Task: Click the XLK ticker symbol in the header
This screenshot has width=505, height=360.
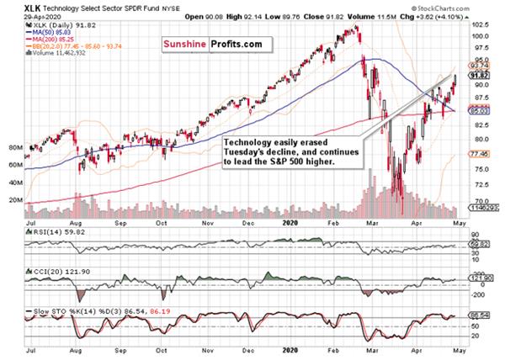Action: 13,7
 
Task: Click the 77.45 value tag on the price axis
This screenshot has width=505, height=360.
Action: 478,154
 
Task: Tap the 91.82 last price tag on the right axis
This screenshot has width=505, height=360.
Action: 478,79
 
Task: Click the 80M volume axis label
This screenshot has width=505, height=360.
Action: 13,146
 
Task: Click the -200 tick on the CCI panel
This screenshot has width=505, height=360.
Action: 476,294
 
